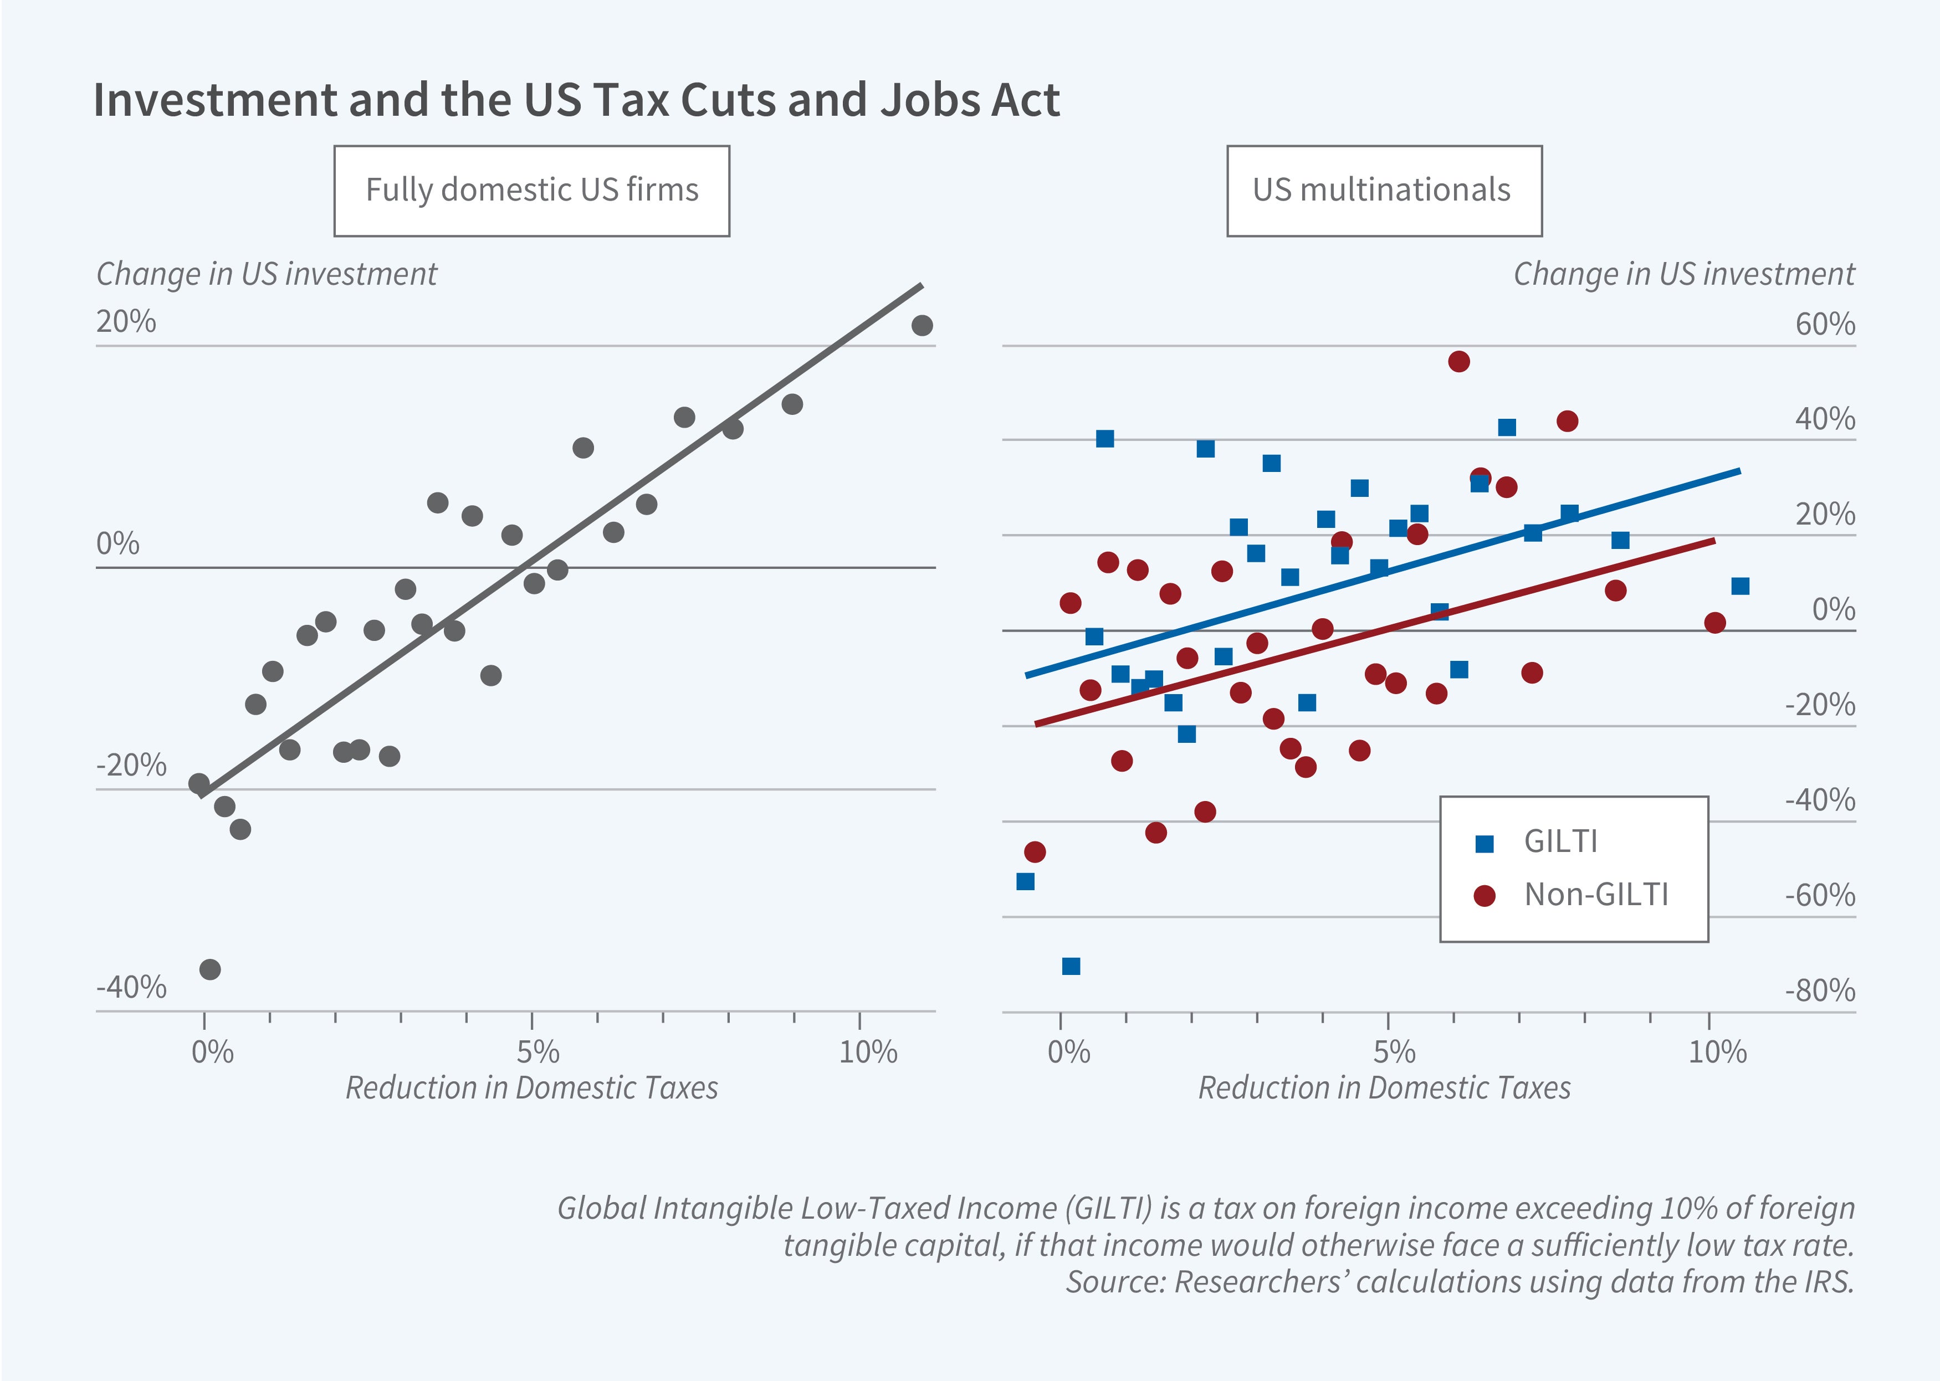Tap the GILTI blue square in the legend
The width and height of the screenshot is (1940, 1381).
pos(1484,844)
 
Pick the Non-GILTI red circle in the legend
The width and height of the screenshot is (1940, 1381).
pos(1484,895)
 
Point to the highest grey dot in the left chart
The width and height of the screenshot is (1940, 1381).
pos(922,325)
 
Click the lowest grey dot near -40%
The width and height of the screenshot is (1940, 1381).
pos(210,969)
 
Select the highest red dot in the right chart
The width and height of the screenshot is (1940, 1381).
pos(1458,361)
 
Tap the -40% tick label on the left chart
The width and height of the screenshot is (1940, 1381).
pos(131,987)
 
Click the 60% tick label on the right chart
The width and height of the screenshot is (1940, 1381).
pos(1824,324)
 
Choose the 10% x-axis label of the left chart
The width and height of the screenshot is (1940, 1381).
pos(868,1053)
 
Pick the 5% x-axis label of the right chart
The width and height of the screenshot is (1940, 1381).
pos(1394,1053)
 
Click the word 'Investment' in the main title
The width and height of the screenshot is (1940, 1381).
pos(215,100)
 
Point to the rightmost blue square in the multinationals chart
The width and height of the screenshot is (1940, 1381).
pos(1740,586)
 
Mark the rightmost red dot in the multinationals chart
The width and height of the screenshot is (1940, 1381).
pos(1714,623)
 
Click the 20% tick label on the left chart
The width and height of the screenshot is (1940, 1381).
pos(126,321)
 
